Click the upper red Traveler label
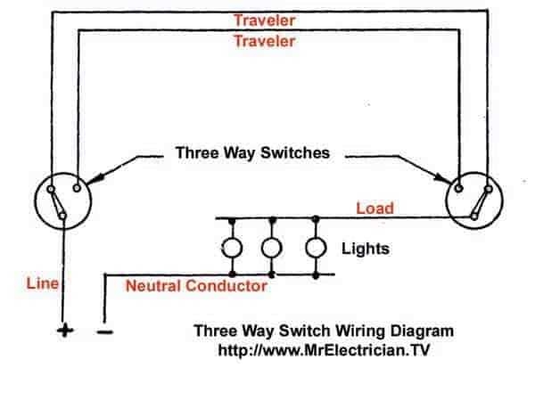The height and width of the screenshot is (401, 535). [x=266, y=19]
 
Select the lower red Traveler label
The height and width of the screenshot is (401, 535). [x=266, y=41]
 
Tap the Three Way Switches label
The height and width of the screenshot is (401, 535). [x=251, y=153]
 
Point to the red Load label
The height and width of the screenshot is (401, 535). [x=375, y=209]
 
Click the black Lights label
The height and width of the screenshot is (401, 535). [x=366, y=249]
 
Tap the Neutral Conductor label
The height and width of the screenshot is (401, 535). [x=196, y=286]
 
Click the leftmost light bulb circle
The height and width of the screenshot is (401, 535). [x=233, y=247]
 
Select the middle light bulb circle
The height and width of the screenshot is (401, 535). [x=274, y=247]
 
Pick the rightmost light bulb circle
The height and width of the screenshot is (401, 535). [x=315, y=247]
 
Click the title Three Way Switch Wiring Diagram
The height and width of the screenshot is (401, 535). [x=324, y=331]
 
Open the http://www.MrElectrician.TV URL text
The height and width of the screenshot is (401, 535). [x=324, y=349]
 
